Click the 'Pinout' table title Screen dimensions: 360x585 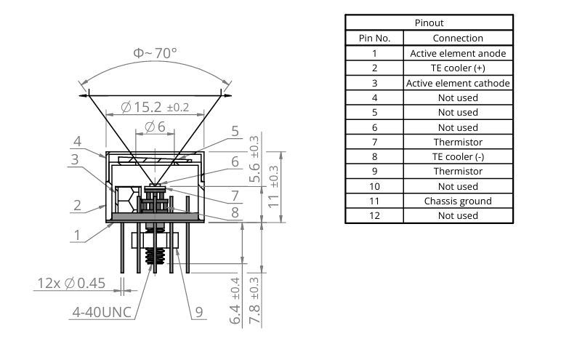[x=428, y=23]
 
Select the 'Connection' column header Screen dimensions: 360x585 [x=458, y=38]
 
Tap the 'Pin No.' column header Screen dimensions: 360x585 [x=374, y=38]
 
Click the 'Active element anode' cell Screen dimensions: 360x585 [x=458, y=53]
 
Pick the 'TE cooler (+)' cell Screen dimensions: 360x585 [x=458, y=68]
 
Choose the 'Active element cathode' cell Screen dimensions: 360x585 [x=458, y=83]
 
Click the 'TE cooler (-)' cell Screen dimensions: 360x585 [x=458, y=157]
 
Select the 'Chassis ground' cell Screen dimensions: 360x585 [x=458, y=201]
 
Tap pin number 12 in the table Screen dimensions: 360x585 [x=374, y=216]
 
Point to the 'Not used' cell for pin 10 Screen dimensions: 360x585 [x=458, y=186]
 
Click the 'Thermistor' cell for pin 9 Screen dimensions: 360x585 [x=458, y=172]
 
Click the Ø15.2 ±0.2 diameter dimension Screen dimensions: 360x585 [x=155, y=107]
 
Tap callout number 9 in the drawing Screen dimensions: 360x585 [x=198, y=313]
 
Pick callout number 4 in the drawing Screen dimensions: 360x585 [x=77, y=141]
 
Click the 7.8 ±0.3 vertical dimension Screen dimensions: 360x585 [x=255, y=298]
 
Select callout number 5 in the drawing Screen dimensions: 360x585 [x=235, y=132]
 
